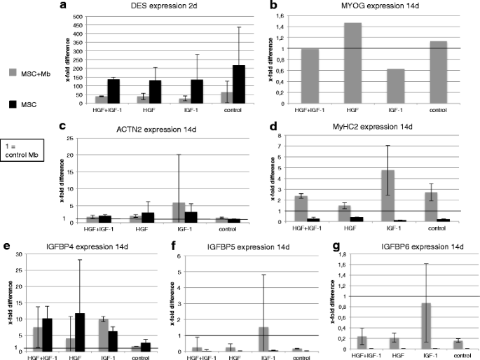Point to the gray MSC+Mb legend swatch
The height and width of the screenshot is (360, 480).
click(13, 72)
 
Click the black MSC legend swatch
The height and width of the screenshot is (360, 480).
click(13, 104)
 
